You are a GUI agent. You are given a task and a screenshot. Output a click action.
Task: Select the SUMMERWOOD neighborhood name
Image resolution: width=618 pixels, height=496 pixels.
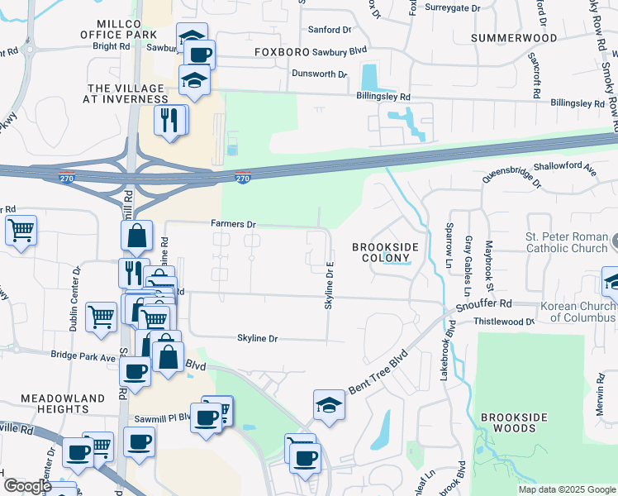pos(513,38)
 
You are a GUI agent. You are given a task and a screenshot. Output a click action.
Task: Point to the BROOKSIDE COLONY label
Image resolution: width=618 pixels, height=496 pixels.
pos(385,253)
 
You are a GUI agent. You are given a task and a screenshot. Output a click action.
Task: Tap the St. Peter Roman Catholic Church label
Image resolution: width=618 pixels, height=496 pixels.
pos(566,242)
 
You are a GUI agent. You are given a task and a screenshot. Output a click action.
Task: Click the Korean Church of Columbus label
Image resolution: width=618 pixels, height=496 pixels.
pos(578,312)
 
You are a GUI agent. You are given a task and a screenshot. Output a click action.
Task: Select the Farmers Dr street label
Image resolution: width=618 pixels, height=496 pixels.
pos(234,224)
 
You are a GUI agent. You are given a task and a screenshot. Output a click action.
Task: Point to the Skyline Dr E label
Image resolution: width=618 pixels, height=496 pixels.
pos(329,286)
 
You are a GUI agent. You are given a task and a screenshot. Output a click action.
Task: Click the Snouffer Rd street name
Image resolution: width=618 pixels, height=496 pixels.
pos(489,303)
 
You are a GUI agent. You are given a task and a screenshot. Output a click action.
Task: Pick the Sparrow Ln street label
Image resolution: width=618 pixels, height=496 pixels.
pos(449,237)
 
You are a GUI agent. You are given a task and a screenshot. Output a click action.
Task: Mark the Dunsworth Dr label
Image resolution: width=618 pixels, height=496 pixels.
pos(319,74)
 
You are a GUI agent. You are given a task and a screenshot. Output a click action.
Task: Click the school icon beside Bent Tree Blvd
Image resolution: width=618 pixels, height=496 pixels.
pos(329,405)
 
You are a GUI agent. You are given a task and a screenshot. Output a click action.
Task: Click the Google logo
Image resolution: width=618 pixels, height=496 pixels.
pos(27,486)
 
